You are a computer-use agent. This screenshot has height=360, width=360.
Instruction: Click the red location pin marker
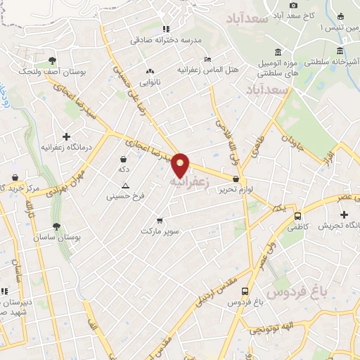tap(181, 166)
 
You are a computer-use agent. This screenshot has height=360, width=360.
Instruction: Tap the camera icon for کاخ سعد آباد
tap(293, 5)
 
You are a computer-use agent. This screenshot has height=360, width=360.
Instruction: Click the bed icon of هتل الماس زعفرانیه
tap(207, 59)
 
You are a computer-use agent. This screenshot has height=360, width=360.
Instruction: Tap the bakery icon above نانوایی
tap(149, 71)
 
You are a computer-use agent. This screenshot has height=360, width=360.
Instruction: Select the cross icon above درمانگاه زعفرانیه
tap(66, 136)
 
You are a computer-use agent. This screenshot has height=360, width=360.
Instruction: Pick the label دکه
tap(124, 169)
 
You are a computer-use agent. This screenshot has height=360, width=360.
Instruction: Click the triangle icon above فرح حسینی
tap(125, 186)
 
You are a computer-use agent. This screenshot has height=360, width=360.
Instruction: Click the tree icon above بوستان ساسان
tap(56, 226)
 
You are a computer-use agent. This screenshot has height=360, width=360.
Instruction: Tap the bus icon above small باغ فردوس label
tap(245, 291)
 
